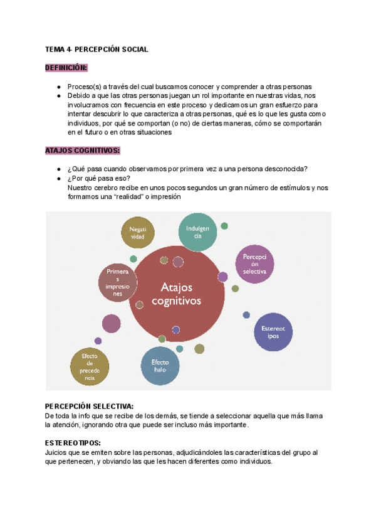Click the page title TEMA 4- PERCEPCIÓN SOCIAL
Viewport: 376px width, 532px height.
[97, 50]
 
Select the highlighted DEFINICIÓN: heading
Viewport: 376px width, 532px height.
[66, 68]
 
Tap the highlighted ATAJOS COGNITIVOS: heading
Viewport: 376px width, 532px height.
[82, 151]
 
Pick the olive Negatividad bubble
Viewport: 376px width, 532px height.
[137, 233]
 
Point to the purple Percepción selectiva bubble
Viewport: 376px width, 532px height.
[254, 264]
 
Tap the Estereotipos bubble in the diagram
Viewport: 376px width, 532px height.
[273, 332]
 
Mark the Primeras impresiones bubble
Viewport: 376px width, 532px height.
[118, 281]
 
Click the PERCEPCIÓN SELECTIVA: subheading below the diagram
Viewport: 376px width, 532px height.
[90, 407]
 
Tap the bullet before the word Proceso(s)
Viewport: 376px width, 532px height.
[58, 87]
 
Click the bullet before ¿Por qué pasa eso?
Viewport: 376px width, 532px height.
[58, 178]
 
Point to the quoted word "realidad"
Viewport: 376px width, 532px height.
[127, 196]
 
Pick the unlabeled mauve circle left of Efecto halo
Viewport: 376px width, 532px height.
[111, 324]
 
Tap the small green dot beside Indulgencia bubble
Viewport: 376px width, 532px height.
[224, 226]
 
